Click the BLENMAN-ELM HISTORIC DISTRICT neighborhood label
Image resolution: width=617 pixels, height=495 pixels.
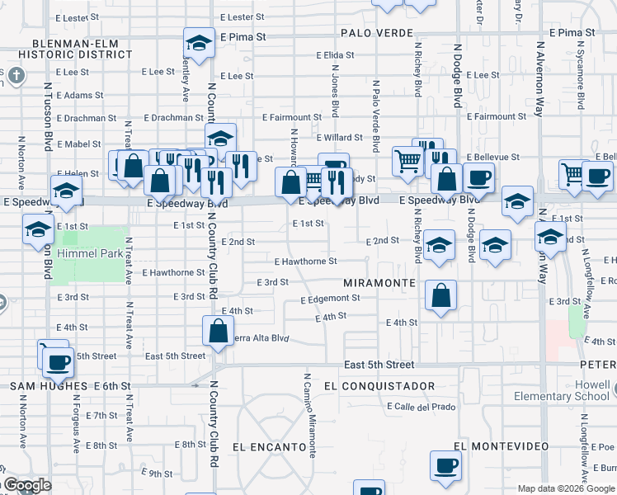coord(81,49)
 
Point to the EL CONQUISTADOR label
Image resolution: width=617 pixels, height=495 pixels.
coord(368,386)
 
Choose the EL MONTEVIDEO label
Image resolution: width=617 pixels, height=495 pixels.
coord(501,446)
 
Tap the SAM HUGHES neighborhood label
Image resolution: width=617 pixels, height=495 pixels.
coord(48,386)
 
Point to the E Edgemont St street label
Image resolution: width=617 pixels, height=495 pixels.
coord(330,299)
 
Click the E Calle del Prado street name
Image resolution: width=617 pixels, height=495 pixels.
coord(419,407)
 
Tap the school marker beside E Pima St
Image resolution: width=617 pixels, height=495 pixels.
coord(199,43)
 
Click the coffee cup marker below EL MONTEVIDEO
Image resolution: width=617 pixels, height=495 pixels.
coord(445,466)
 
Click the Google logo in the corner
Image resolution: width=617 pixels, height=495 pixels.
coord(26,486)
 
